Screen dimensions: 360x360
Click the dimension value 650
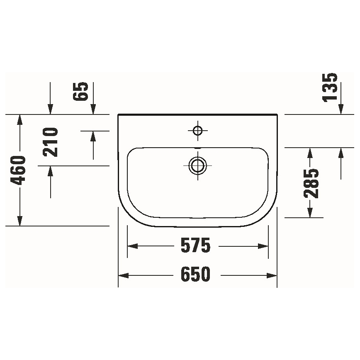coord(196,275)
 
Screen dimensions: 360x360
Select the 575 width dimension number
coord(196,246)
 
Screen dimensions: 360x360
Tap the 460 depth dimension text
coord(19,170)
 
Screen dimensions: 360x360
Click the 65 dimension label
coord(82,92)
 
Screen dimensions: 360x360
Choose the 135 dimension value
coord(331,87)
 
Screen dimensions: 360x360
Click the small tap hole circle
coord(197,131)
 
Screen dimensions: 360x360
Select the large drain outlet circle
coord(197,165)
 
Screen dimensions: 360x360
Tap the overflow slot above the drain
coord(197,148)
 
